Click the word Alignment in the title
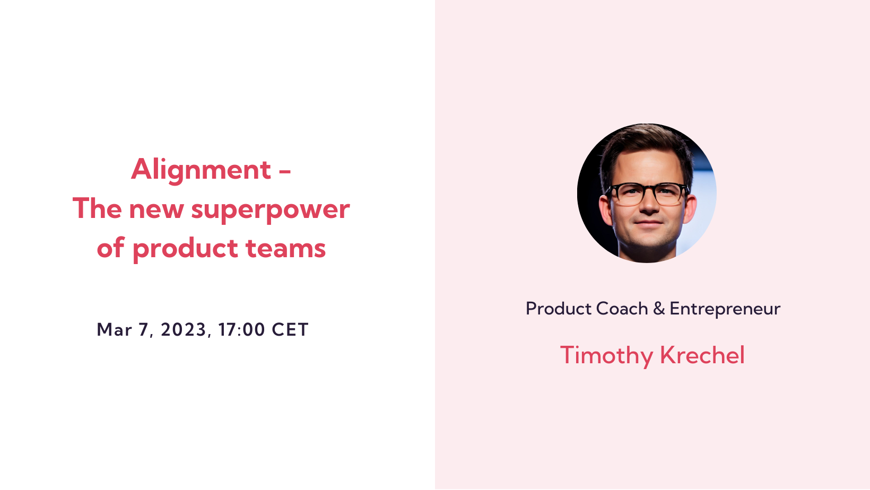point(201,170)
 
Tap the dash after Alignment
point(285,171)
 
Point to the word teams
point(285,248)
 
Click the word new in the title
point(156,209)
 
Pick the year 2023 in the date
point(184,329)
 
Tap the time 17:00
point(241,329)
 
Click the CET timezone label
point(290,329)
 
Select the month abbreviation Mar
point(114,329)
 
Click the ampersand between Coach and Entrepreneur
point(659,309)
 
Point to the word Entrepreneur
point(725,309)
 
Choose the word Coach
point(622,309)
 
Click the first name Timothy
point(606,355)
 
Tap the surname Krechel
point(702,355)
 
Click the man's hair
point(645,143)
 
